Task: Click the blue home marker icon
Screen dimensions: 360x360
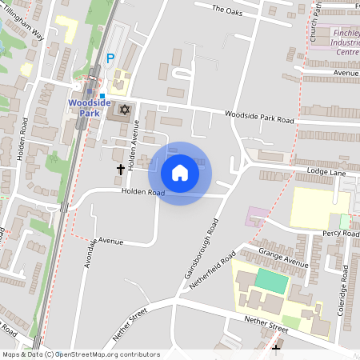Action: point(180,173)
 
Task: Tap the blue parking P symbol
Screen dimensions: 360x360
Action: point(111,58)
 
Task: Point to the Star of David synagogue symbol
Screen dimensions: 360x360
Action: point(124,108)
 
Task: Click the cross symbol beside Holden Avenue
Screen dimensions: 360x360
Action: point(122,169)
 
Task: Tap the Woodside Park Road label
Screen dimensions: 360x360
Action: point(259,118)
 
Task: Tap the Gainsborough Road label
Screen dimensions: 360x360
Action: point(201,251)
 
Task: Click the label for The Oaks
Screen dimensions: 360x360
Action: point(227,10)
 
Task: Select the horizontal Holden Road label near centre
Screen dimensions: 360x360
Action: point(143,192)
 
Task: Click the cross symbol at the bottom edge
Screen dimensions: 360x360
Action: point(276,349)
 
